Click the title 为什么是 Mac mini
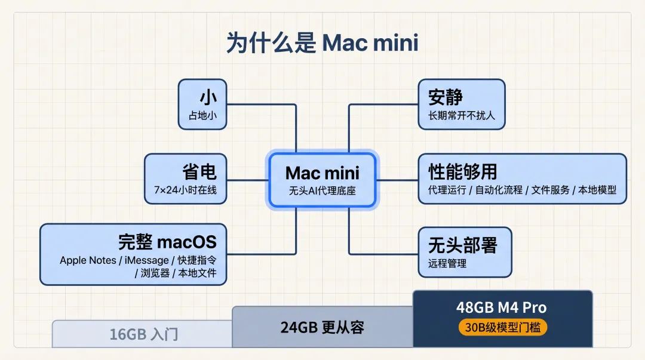[x=322, y=44]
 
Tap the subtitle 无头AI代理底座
[x=322, y=192]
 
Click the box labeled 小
[x=202, y=104]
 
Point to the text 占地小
[x=202, y=115]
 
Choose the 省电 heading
[x=199, y=172]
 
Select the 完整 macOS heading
[x=167, y=242]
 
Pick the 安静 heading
[x=446, y=97]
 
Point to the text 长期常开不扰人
[x=462, y=115]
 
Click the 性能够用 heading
[x=463, y=172]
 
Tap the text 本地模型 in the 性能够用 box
[x=597, y=190]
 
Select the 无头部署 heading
[x=463, y=245]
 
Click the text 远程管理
[x=447, y=263]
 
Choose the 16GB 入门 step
[x=143, y=334]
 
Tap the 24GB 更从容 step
[x=322, y=327]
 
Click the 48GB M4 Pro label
[x=502, y=308]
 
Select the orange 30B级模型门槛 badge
[x=502, y=328]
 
